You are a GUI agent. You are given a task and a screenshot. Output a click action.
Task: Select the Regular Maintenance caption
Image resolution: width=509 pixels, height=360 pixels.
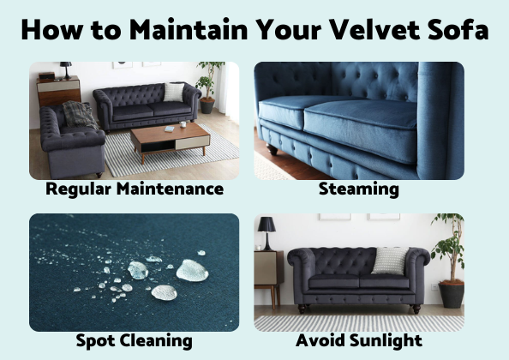coord(135,189)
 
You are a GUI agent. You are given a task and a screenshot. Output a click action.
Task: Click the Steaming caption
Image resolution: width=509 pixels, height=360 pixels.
coord(359,189)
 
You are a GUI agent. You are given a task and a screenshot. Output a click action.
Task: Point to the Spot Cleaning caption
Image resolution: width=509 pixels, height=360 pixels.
coord(134,341)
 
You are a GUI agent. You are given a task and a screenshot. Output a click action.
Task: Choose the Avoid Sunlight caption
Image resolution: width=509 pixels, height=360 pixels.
coord(359,340)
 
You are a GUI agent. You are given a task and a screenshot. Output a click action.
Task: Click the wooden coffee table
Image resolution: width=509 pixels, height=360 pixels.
coord(171,139)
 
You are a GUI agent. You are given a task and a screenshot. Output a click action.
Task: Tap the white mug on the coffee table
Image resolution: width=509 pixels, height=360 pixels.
coord(183,124)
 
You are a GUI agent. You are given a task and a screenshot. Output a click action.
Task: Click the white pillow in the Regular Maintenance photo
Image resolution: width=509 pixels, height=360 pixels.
coord(174,92)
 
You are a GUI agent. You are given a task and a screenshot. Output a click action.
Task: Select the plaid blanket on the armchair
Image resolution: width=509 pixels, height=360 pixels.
coord(79,115)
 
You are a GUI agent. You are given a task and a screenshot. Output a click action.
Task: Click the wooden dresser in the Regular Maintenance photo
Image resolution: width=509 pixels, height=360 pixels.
coord(59,91)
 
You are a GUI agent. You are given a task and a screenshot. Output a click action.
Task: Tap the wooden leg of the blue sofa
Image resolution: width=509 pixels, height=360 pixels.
coord(272,150)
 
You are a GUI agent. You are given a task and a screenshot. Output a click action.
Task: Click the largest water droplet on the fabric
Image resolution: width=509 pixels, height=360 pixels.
coord(192,270)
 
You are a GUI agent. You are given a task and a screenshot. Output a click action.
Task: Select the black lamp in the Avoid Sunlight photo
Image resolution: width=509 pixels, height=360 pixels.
coord(266,233)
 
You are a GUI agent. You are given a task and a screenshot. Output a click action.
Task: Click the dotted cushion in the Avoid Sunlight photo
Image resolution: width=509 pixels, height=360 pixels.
coord(390,261)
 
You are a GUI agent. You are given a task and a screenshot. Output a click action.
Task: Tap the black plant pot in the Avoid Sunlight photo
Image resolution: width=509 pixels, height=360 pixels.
coord(452,295)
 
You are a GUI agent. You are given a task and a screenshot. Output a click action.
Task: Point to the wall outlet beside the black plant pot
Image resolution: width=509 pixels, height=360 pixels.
coord(434,286)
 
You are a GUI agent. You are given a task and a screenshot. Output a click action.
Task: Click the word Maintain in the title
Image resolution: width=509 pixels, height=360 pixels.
coord(189,29)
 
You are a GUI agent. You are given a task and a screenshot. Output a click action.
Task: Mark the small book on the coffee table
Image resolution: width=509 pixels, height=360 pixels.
coord(170,129)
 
